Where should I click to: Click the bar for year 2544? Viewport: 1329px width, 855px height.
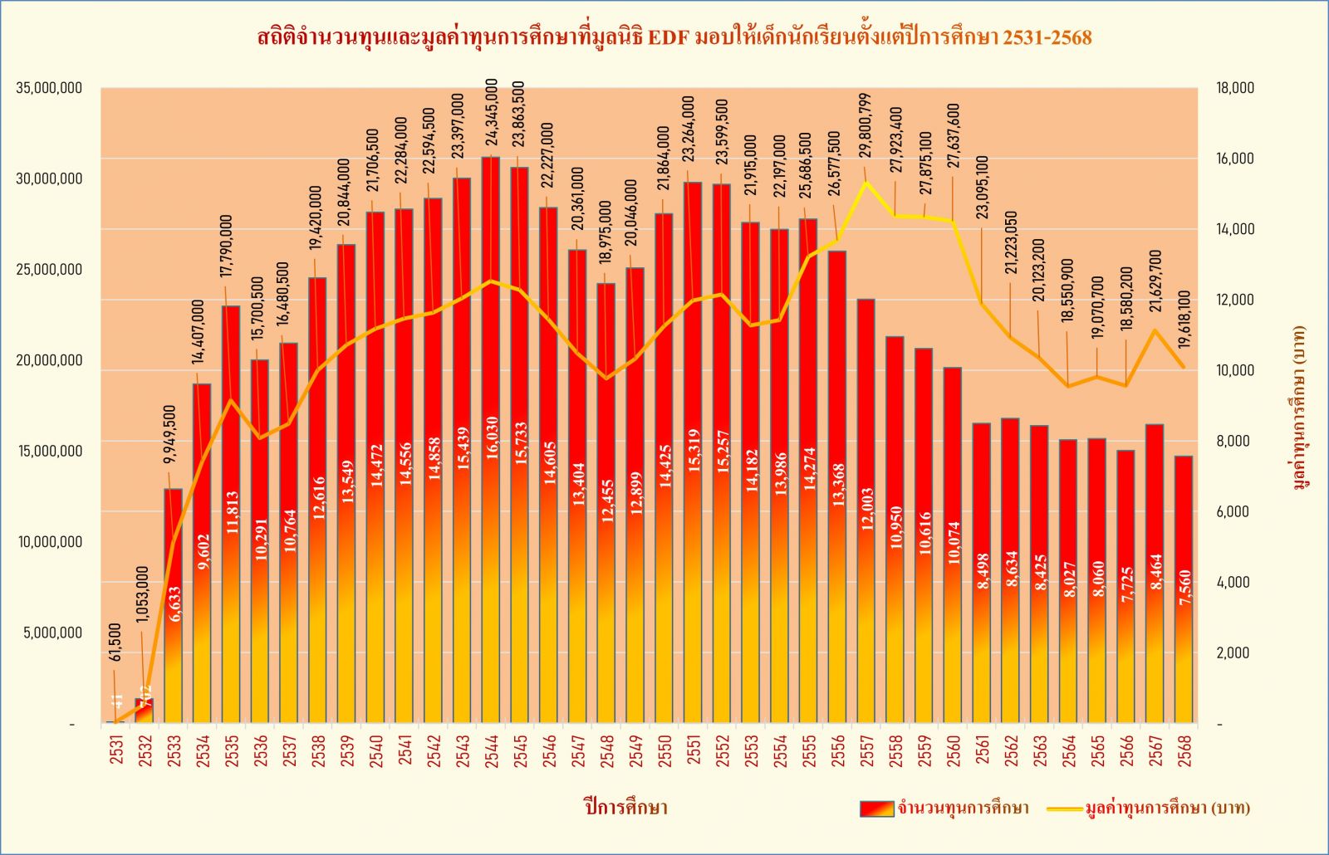point(491,440)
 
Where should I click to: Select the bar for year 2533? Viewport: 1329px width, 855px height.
point(173,606)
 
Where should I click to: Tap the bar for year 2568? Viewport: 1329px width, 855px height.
point(1184,589)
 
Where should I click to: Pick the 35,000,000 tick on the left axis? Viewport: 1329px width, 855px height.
point(49,88)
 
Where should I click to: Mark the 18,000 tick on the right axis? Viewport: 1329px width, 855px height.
point(1235,88)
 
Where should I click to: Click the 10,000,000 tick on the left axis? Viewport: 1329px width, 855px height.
point(49,542)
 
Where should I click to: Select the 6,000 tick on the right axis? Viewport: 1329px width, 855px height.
point(1233,511)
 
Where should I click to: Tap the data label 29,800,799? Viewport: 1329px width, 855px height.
point(866,125)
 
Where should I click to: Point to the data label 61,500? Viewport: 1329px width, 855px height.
point(115,642)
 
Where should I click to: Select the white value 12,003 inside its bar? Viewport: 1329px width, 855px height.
point(867,509)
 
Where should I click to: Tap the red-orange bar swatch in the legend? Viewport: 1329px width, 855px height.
point(876,809)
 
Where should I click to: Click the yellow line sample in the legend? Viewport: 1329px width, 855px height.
point(1064,809)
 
